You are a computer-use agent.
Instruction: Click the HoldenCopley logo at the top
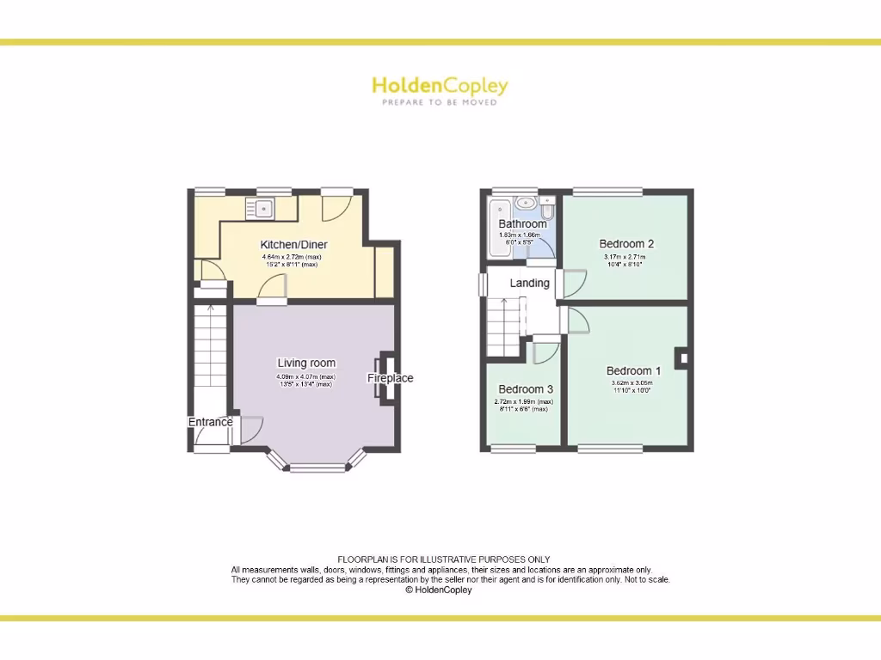440,85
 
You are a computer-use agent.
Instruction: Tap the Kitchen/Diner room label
294,245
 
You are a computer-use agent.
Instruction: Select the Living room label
306,363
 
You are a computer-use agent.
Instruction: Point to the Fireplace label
391,378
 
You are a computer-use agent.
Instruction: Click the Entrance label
211,422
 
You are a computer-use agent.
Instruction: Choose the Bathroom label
522,224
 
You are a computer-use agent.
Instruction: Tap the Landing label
529,283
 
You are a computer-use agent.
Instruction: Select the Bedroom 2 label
625,244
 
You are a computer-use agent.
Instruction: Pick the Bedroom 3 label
525,389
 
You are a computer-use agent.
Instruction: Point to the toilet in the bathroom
547,209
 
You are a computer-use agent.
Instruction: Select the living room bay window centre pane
316,468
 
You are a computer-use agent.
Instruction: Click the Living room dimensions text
305,381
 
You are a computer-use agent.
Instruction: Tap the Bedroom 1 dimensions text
632,387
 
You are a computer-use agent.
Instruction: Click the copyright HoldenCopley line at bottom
439,590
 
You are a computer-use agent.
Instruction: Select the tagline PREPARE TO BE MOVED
440,102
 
